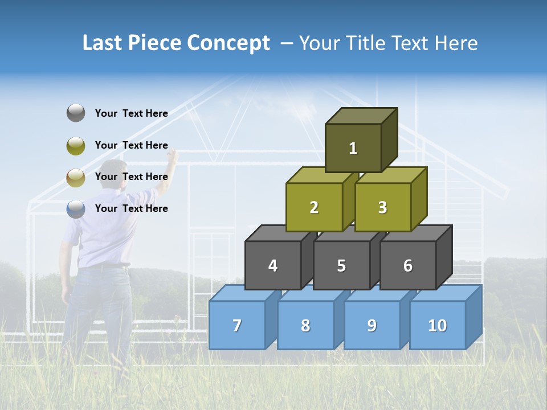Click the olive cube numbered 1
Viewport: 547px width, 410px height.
coord(353,148)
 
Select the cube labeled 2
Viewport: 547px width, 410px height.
coord(314,207)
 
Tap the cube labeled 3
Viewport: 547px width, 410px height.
coord(382,207)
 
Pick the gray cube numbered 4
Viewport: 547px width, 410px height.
coord(273,265)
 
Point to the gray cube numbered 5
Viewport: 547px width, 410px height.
coord(341,265)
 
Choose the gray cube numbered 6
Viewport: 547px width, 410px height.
coord(408,265)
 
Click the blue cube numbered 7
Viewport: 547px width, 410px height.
coord(237,325)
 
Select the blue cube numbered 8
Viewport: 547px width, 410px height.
coord(305,325)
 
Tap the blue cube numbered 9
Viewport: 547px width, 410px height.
coord(372,325)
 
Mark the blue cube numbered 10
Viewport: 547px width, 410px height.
coord(438,325)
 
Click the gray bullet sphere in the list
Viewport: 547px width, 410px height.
coord(76,113)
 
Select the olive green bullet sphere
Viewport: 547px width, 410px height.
coord(76,145)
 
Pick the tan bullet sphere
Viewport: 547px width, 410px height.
coord(76,177)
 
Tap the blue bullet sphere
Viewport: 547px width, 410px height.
coord(76,208)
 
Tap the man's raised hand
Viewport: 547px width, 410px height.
coord(172,155)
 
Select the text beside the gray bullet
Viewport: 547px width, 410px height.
coord(131,113)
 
